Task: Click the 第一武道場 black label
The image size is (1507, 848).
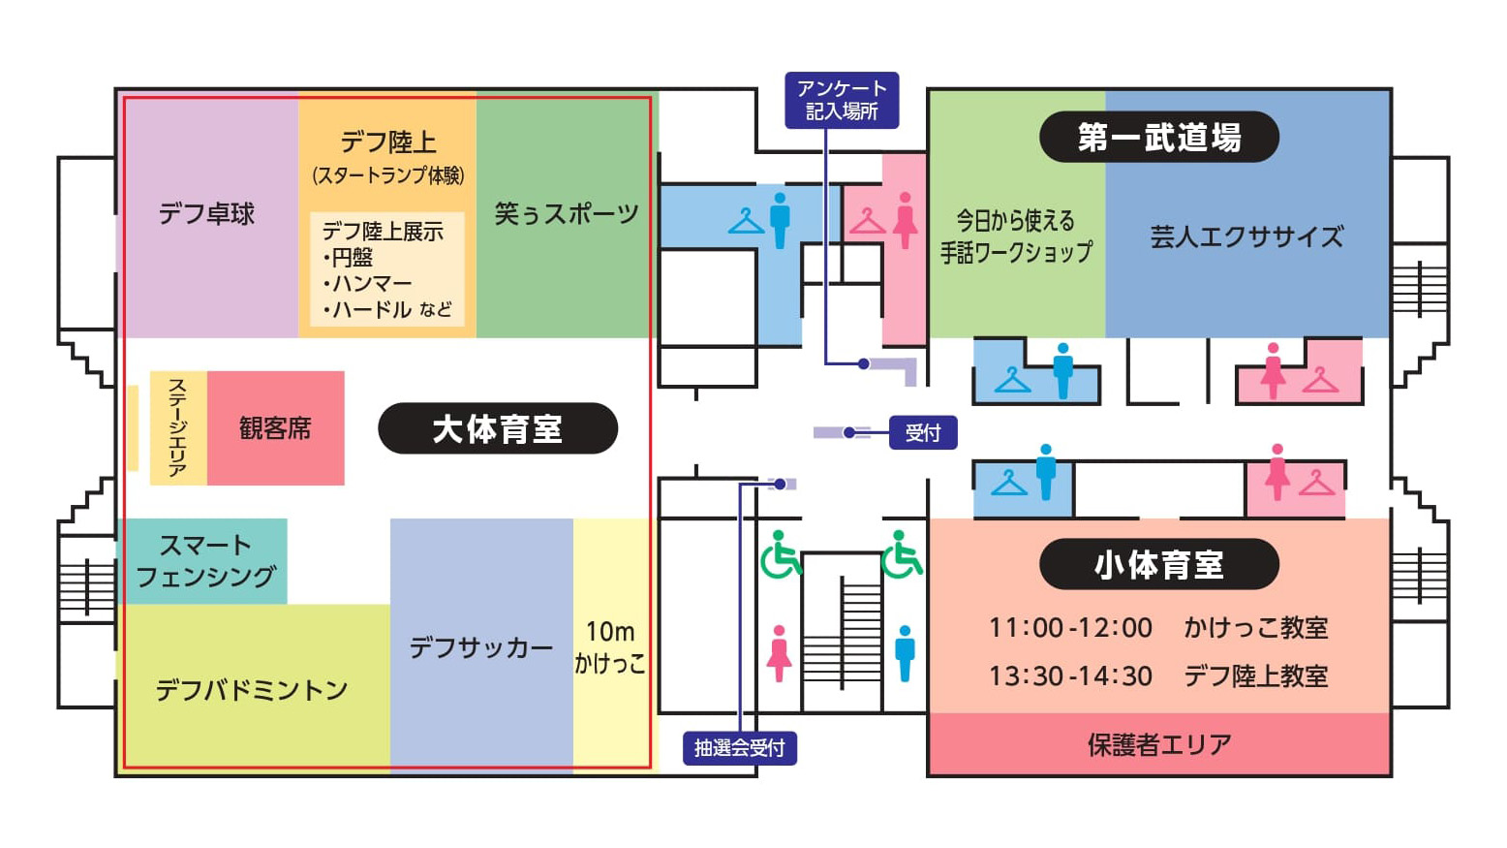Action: pos(1159,138)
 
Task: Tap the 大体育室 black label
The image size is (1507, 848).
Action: pos(498,428)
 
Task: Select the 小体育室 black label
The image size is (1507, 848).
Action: pos(1159,564)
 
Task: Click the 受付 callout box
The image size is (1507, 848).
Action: pos(923,433)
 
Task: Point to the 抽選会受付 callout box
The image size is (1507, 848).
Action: pos(740,748)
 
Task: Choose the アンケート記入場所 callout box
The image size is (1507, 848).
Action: pos(843,100)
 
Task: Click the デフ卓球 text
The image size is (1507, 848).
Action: pos(206,214)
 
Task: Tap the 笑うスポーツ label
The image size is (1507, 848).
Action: pos(567,213)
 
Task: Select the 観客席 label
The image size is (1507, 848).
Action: pos(275,428)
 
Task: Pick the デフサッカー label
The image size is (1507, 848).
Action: pos(481,647)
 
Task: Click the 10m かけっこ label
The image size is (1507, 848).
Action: pos(609,646)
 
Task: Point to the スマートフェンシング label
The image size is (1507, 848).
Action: pos(205,560)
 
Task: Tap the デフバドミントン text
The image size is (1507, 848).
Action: pos(252,690)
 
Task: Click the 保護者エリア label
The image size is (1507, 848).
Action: pos(1159,744)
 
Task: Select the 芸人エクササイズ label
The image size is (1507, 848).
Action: pos(1246,236)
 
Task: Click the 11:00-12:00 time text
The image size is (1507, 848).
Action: pos(1070,628)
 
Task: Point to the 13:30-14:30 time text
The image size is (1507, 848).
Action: pos(1070,675)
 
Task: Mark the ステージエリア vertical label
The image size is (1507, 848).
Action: pos(177,427)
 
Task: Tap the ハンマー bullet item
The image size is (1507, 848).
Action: pos(368,283)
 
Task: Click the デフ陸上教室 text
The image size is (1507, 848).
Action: pos(1256,675)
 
